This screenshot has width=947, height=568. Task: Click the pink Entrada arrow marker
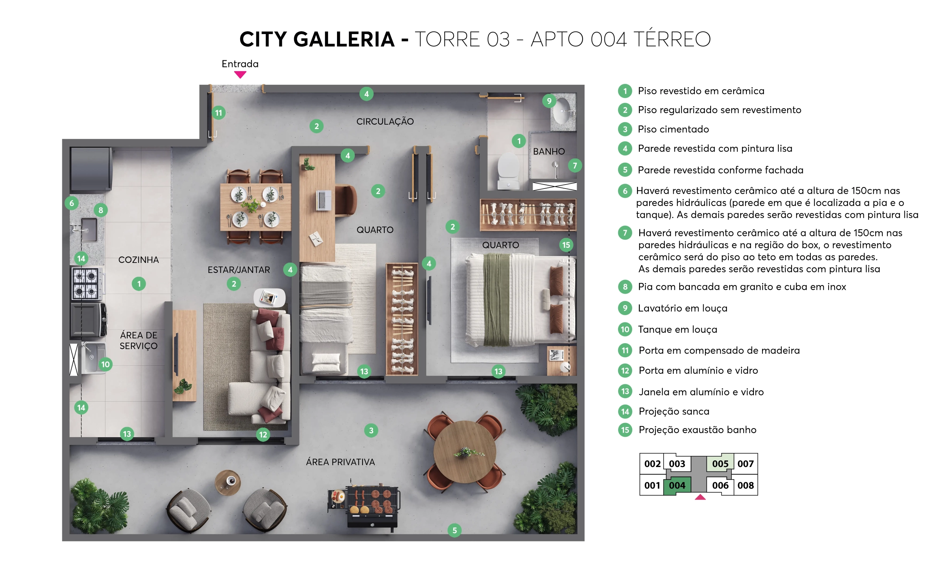(240, 75)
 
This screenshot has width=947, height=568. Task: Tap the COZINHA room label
(138, 260)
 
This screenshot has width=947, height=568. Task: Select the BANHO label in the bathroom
(549, 152)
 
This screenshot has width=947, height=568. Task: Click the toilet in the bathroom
(508, 171)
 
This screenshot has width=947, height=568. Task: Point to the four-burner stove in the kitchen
(87, 284)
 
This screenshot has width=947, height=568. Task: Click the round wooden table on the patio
(465, 452)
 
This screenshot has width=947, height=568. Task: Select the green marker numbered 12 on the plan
(263, 435)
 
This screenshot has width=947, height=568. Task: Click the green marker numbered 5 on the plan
(454, 530)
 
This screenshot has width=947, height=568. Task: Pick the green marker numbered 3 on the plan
(371, 430)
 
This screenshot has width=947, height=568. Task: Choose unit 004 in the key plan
(677, 485)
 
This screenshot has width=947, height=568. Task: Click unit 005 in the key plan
(720, 463)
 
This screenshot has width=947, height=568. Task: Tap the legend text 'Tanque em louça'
(678, 329)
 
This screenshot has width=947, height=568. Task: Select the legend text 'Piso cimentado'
(673, 129)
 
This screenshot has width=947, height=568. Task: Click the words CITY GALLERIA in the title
(317, 40)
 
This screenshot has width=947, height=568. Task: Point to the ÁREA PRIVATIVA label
(340, 462)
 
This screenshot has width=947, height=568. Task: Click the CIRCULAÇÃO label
(385, 122)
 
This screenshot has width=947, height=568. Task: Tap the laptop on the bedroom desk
(323, 200)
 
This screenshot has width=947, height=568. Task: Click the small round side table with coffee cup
(228, 483)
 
